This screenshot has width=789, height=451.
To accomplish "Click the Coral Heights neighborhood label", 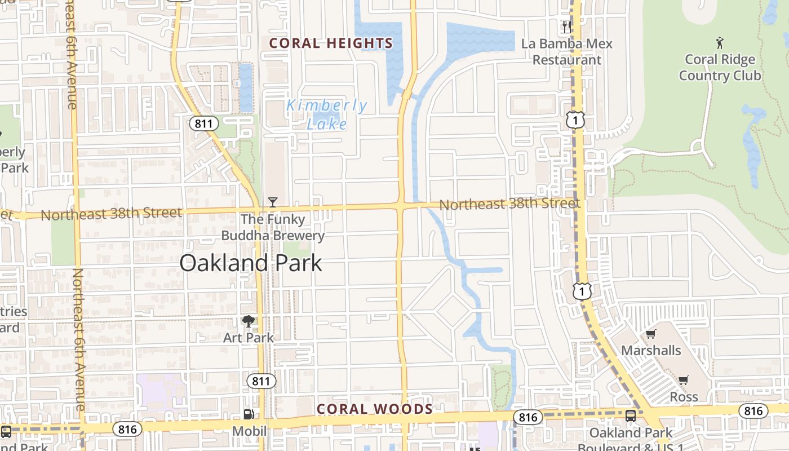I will click(x=331, y=43).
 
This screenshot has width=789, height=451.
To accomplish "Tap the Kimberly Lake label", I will click(x=327, y=114).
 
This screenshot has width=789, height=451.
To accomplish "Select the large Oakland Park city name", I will click(x=251, y=263).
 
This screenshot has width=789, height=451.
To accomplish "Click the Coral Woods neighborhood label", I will click(x=375, y=409).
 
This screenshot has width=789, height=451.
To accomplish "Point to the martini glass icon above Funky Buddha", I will click(x=273, y=202).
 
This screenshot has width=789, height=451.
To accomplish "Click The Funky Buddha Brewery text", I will click(x=273, y=227).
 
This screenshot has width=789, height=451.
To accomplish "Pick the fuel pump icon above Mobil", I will click(x=249, y=414).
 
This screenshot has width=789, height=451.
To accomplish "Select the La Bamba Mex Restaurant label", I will click(x=567, y=51).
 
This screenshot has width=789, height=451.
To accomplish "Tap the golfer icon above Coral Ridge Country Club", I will click(x=719, y=42).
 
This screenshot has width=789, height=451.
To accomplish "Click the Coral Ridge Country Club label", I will click(x=720, y=67).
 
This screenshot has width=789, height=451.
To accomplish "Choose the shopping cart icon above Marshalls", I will click(x=650, y=334).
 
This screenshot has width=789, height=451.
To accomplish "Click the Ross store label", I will click(x=684, y=397).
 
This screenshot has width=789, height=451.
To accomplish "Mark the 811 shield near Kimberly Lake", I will click(x=203, y=123).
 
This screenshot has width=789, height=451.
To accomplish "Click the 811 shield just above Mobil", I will click(x=261, y=382).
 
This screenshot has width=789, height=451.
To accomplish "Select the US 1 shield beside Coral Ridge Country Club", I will click(x=576, y=120).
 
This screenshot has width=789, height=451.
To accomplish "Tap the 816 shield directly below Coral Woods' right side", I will click(x=528, y=417).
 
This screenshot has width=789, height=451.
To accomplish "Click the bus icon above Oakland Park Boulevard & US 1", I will click(x=631, y=416).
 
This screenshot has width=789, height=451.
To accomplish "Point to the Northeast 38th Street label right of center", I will click(x=509, y=204).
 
